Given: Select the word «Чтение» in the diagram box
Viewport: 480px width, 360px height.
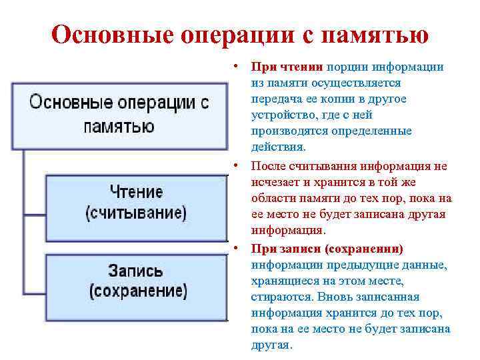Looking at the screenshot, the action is (136, 192).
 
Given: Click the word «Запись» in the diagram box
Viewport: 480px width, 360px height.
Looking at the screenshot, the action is (135, 271).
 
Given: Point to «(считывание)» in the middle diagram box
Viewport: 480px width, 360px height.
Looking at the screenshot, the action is (136, 213).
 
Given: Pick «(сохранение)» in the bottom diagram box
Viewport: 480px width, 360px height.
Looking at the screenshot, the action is (139, 291).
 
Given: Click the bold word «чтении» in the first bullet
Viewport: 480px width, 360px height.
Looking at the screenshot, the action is (303, 67).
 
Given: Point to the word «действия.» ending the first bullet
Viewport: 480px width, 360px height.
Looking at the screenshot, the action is (279, 147).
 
